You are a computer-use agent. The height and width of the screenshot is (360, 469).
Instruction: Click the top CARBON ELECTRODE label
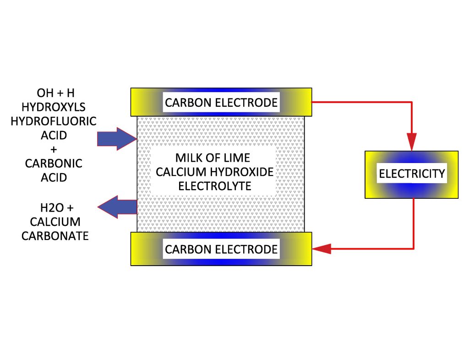(x=221, y=102)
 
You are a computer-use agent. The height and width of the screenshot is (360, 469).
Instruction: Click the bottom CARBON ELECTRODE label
(x=221, y=249)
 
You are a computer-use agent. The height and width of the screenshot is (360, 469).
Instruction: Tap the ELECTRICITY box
(x=411, y=174)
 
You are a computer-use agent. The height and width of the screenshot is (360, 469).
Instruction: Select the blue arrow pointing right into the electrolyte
(x=115, y=138)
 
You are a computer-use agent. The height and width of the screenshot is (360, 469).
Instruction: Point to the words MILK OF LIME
(x=213, y=158)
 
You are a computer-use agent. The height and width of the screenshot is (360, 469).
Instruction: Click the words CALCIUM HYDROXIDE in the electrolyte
(x=215, y=172)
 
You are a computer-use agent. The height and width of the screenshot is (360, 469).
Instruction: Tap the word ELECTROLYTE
(x=215, y=186)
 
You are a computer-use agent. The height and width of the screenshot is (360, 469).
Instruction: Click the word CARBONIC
(x=54, y=164)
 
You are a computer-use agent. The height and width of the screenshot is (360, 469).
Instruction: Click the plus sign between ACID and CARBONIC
(x=54, y=149)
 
